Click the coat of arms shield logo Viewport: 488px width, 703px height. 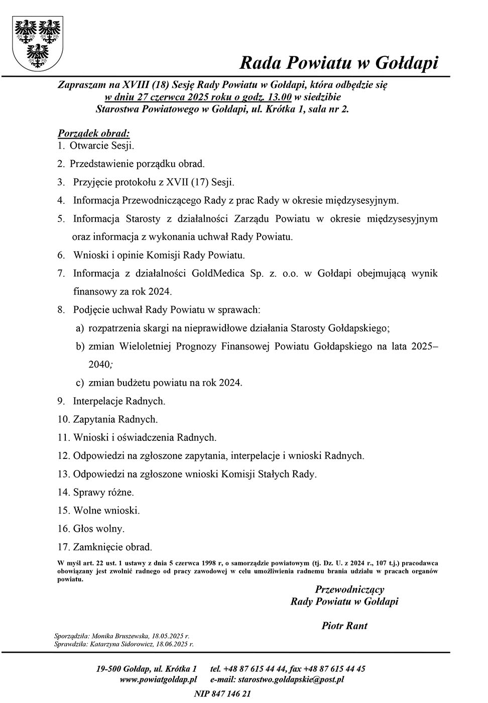click(x=38, y=43)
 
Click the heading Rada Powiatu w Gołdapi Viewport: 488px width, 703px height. click(x=339, y=63)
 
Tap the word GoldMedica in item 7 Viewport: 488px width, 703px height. click(x=217, y=273)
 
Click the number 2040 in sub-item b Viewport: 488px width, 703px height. click(x=98, y=365)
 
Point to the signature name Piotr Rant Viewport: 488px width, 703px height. click(x=344, y=626)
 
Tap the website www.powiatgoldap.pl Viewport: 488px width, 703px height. click(x=158, y=679)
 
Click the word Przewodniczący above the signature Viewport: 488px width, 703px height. click(x=349, y=590)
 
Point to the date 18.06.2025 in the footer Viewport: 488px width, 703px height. click(x=175, y=643)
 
